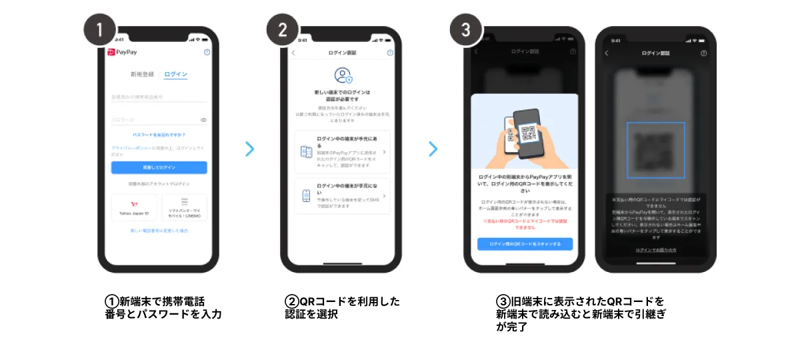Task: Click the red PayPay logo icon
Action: click(x=111, y=52)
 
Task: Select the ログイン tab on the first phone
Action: click(x=175, y=74)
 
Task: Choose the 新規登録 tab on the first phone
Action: click(x=142, y=74)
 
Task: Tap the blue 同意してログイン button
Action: click(x=159, y=167)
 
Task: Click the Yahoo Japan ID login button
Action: click(x=134, y=207)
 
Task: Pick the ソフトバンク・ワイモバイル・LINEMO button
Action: click(x=184, y=207)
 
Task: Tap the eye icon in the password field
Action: click(x=203, y=120)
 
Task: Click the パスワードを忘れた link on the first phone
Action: click(x=159, y=135)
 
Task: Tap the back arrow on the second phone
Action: click(x=293, y=53)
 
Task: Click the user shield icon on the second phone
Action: click(x=342, y=75)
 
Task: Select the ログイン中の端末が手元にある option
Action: click(x=342, y=152)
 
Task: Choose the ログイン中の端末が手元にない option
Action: click(x=342, y=195)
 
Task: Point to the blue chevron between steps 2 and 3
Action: click(x=433, y=149)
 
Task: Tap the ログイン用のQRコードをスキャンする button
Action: click(x=525, y=244)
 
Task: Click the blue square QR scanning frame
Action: click(x=655, y=151)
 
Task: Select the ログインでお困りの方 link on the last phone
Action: click(x=655, y=249)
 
